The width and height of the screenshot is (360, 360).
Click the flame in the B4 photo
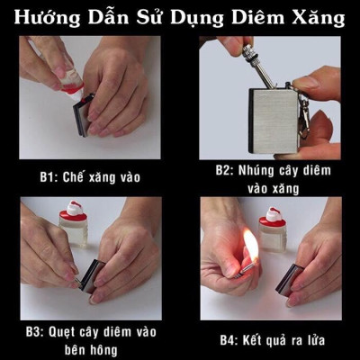[x=250, y=244]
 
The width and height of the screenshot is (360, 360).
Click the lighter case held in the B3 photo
[x=90, y=274]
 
